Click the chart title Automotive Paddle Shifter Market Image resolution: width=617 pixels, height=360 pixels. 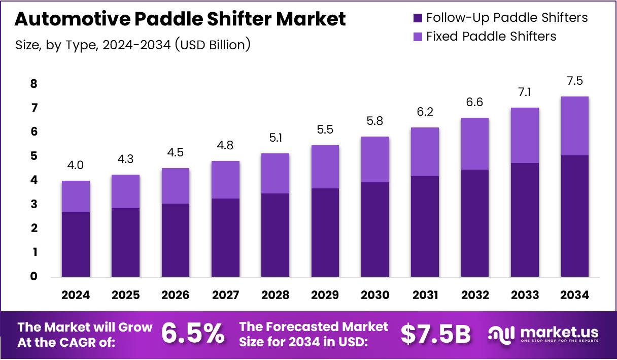click(180, 19)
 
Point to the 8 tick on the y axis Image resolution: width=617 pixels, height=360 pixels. click(33, 84)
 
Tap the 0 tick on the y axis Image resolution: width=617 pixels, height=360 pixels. click(33, 277)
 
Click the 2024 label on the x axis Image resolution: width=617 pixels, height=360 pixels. click(76, 296)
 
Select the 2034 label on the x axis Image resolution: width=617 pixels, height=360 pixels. click(575, 296)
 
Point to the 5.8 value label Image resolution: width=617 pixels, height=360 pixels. click(375, 122)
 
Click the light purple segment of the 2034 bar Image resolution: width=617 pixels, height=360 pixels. click(575, 126)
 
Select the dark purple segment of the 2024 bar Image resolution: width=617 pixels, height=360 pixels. click(76, 244)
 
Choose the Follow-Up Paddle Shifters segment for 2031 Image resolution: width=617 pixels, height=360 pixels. click(425, 226)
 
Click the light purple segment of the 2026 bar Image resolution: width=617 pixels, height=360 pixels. click(176, 186)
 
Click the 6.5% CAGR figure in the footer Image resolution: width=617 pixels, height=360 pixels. click(193, 334)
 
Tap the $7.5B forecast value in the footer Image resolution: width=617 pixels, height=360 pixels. click(435, 334)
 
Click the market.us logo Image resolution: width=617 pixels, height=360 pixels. click(543, 334)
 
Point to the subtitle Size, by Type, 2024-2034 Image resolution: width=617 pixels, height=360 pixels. click(133, 45)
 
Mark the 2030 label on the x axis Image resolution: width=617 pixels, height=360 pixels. click(375, 296)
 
